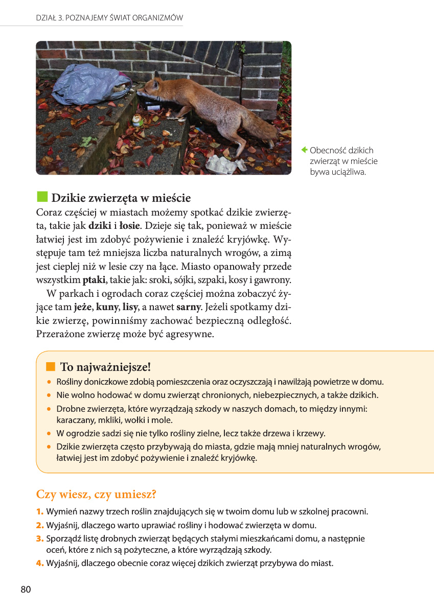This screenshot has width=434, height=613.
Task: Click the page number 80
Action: (26, 590)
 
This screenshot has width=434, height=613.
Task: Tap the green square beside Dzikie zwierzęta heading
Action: (42, 197)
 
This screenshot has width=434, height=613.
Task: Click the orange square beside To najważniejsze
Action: (50, 366)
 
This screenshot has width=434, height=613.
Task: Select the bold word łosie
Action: (130, 225)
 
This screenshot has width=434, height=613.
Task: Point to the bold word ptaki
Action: (94, 280)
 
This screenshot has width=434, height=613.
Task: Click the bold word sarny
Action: (189, 308)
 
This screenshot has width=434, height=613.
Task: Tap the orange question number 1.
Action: (39, 511)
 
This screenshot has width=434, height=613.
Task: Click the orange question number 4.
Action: (40, 563)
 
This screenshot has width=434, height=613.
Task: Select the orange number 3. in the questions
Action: (40, 538)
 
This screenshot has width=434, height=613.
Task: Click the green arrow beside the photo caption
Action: (304, 150)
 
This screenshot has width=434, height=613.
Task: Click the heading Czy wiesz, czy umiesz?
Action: (96, 494)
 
